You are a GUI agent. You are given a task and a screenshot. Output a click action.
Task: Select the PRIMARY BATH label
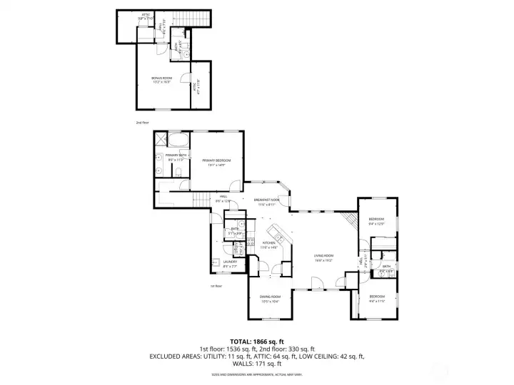176,157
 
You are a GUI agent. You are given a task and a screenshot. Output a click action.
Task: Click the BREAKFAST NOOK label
266,201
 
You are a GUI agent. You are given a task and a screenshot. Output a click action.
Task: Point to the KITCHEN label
269,245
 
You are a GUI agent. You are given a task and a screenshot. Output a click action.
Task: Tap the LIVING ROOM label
324,257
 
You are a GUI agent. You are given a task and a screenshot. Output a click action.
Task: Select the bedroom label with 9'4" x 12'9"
376,221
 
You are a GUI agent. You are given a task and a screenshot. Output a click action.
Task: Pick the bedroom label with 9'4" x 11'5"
376,298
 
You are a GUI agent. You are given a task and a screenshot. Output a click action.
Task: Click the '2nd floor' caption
142,123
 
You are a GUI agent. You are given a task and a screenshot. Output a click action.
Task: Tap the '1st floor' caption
216,286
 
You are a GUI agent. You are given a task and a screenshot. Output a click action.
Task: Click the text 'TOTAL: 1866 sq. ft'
256,340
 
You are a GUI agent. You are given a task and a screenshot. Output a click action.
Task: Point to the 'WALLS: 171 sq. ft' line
256,364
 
